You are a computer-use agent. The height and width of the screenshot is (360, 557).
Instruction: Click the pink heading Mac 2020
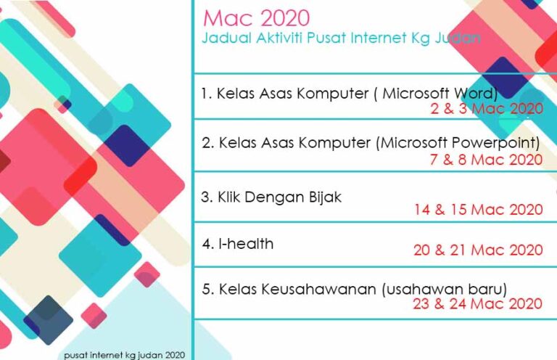(256, 18)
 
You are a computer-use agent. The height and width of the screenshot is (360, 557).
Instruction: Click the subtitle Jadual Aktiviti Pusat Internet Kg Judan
(342, 38)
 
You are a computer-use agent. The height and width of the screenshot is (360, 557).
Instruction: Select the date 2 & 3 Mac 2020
(487, 108)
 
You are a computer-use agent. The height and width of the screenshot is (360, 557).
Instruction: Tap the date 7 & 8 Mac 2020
(487, 160)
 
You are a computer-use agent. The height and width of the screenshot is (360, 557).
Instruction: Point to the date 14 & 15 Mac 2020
(479, 210)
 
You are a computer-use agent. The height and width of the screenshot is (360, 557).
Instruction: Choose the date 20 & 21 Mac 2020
(478, 250)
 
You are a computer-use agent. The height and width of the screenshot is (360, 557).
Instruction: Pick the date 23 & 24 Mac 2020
(477, 304)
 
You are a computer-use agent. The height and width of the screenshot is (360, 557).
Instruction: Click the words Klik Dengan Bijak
(279, 197)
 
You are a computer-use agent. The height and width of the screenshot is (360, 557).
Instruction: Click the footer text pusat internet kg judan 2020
(125, 355)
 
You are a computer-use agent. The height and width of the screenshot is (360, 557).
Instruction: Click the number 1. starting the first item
(207, 94)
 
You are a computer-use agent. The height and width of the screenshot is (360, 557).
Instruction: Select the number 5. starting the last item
(208, 290)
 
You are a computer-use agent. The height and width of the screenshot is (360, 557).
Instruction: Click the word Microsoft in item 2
(413, 143)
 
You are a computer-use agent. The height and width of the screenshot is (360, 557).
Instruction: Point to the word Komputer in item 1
(332, 94)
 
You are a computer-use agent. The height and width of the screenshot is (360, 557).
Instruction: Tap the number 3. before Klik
(207, 197)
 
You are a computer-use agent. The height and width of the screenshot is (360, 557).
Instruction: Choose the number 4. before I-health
(208, 244)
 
